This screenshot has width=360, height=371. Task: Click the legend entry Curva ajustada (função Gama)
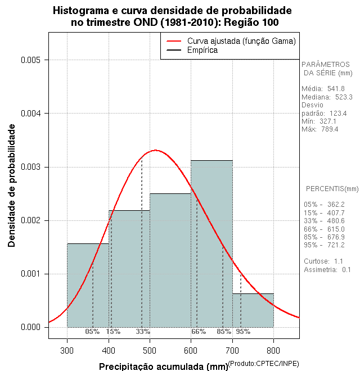(241, 41)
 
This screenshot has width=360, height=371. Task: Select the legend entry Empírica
(202, 51)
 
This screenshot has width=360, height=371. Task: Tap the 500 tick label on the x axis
(150, 351)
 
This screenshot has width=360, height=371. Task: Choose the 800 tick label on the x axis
(273, 351)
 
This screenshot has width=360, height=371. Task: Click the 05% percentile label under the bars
(92, 332)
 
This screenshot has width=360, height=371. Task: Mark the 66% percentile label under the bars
(199, 332)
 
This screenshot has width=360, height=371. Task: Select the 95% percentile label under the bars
(243, 332)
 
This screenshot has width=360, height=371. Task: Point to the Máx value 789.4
(329, 129)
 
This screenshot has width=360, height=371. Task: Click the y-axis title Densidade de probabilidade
(12, 185)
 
